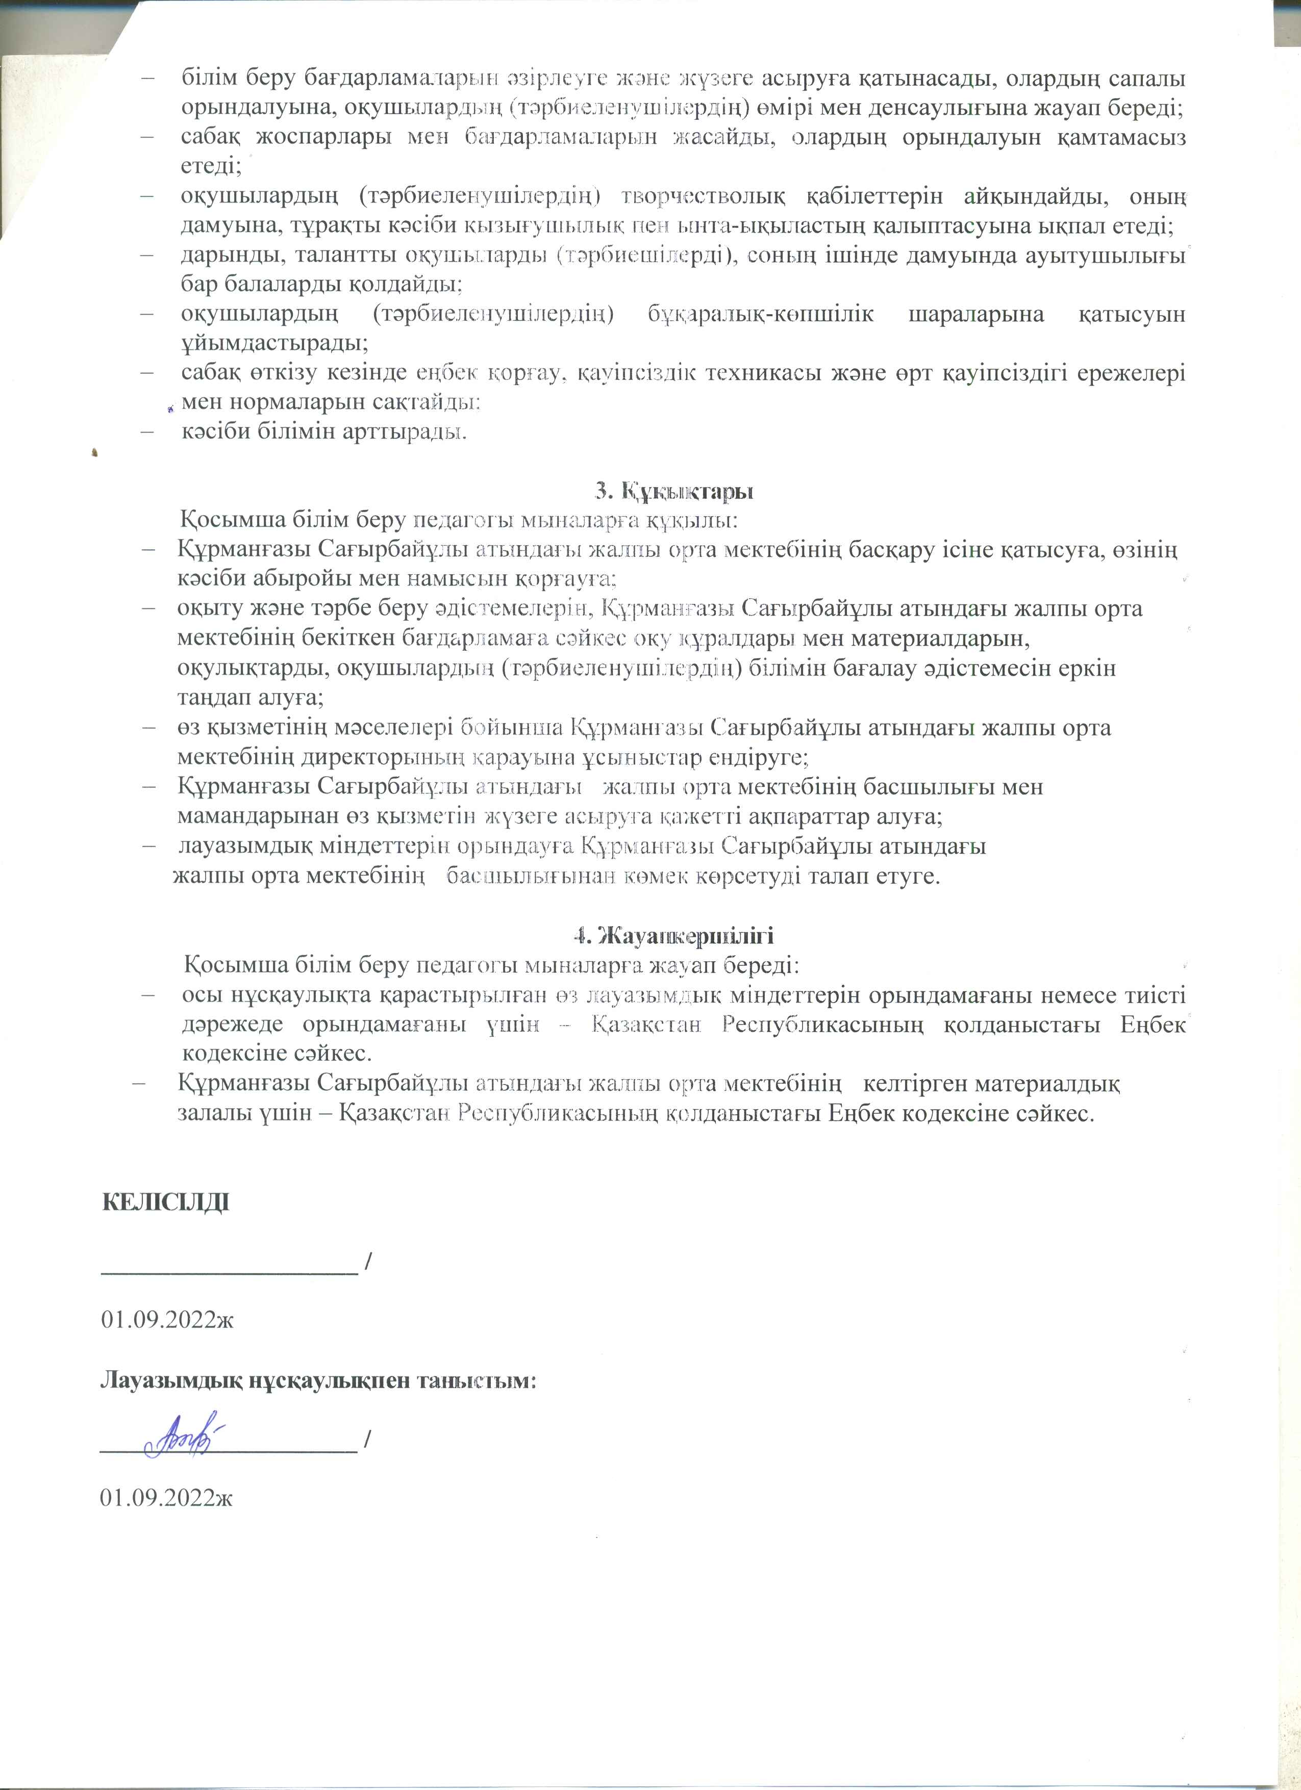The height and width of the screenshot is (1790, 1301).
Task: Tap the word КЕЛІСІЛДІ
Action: coord(166,1203)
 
